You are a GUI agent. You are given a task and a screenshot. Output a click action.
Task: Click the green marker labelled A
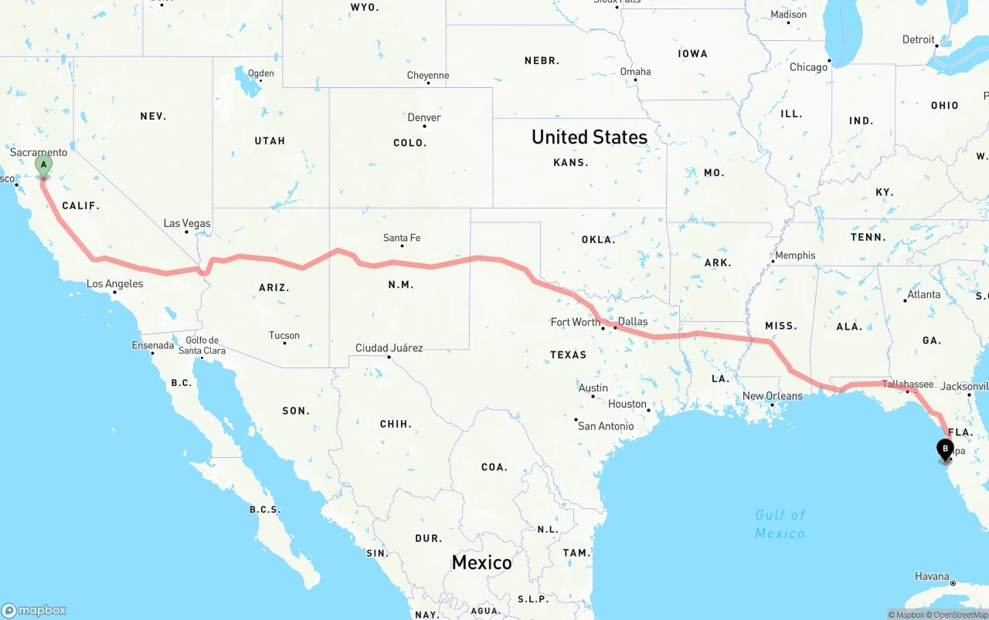click(44, 164)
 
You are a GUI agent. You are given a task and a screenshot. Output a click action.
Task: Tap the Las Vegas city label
click(187, 223)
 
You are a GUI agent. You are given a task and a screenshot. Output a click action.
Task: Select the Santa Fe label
click(402, 238)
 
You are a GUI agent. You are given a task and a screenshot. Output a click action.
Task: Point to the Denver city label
click(424, 117)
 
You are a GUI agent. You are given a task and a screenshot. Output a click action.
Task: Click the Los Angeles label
click(114, 283)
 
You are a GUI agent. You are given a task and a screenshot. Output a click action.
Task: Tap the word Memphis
click(795, 255)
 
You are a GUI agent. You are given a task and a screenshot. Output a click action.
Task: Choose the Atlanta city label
click(924, 294)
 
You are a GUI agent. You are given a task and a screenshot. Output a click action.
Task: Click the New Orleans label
click(772, 396)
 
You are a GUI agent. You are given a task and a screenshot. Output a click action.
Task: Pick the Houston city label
click(627, 404)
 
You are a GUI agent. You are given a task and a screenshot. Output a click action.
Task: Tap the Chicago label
click(808, 67)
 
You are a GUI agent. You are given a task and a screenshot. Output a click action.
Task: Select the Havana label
click(932, 576)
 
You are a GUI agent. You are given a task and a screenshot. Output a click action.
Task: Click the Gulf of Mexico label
click(780, 524)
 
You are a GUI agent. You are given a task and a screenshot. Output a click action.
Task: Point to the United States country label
click(590, 137)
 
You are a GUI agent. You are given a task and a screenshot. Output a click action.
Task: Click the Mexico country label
click(481, 562)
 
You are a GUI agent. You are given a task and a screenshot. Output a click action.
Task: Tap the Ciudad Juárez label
click(389, 348)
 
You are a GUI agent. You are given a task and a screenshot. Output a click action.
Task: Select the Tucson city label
click(284, 335)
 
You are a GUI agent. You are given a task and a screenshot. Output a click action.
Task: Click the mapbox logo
click(34, 610)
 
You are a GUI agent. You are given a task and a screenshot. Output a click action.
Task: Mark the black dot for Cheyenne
click(428, 83)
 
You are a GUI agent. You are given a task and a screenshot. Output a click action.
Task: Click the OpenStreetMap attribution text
click(960, 615)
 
